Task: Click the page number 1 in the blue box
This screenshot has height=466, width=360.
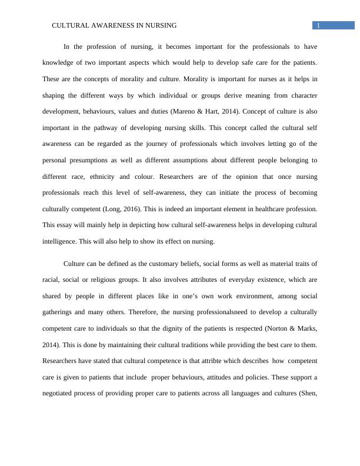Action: [x=318, y=25]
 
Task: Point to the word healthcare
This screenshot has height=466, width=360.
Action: [x=257, y=208]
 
